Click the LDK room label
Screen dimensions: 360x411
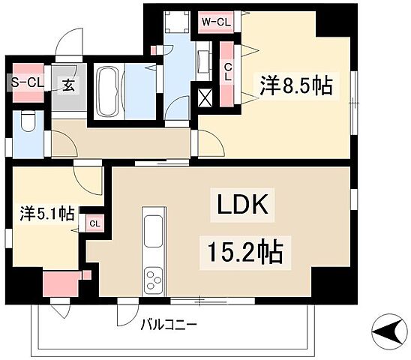241,205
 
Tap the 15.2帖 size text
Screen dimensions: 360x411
241,253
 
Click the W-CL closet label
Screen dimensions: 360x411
215,22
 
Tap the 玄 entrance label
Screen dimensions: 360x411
68,85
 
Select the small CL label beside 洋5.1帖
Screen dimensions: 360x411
93,223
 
